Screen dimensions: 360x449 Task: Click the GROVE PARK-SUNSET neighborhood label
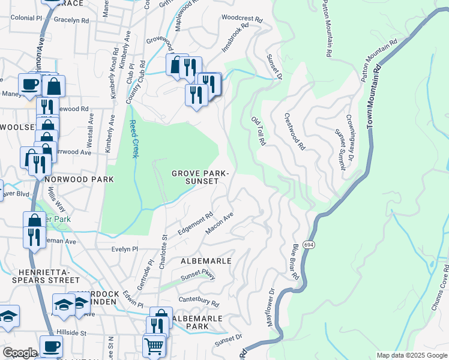click(200, 177)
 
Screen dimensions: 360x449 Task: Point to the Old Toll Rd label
click(258, 131)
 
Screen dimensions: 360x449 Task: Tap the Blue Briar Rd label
click(294, 262)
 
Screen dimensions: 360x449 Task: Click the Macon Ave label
click(219, 222)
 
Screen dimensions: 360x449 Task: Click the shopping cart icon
click(154, 346)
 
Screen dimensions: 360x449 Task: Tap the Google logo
click(20, 353)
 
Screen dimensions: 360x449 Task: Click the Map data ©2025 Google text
click(411, 355)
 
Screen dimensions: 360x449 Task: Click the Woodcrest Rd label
click(242, 19)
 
